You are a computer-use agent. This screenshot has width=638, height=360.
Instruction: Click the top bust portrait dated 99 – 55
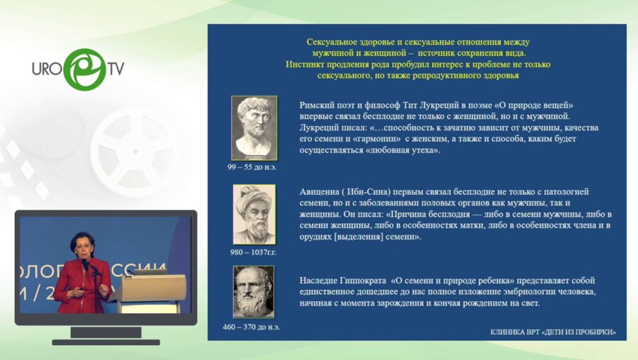point(254,128)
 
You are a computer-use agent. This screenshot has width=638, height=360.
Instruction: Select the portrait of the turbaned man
point(254,214)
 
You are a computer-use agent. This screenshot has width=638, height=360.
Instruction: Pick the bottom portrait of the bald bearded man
point(254,291)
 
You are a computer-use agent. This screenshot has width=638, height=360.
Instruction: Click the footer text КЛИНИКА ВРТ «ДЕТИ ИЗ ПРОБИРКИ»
point(553,332)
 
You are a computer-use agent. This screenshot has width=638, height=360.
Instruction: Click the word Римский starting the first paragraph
point(318,105)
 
